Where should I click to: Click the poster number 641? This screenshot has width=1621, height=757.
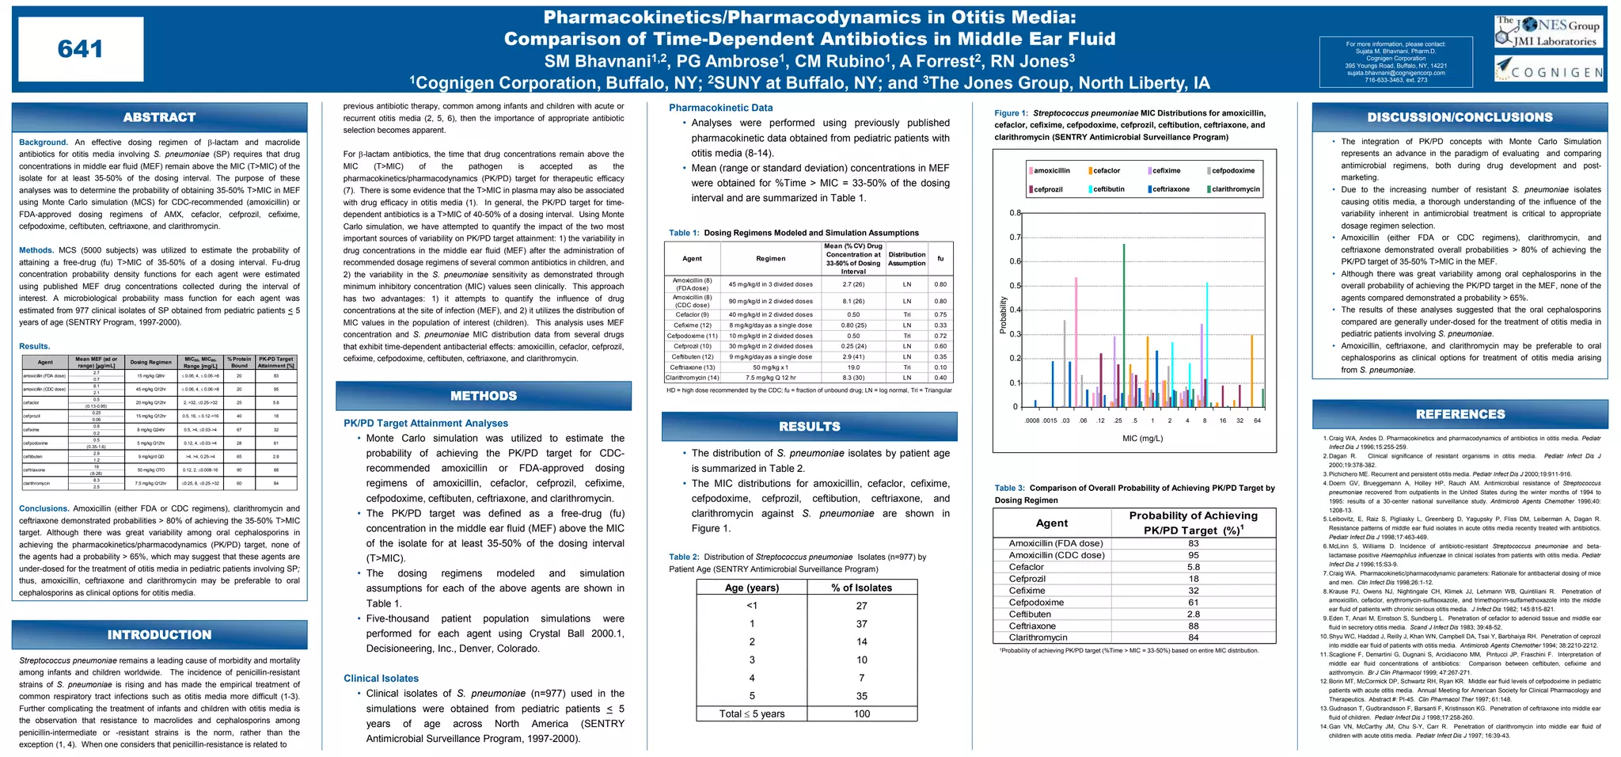[80, 49]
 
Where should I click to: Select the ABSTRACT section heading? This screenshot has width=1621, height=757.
[159, 117]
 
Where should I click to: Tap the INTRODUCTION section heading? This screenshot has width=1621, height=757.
[159, 635]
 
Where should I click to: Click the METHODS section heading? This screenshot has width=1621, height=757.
[484, 396]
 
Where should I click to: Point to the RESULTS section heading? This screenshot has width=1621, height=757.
[809, 427]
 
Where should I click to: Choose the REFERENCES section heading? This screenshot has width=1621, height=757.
[1460, 414]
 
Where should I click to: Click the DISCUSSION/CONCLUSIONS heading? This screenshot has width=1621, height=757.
[1460, 117]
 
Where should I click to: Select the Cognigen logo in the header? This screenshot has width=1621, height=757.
[1548, 70]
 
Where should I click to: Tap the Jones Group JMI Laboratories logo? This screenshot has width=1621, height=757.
[1548, 32]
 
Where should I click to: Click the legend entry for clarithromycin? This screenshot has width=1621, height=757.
[1235, 189]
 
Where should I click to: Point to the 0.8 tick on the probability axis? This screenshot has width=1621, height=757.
[1015, 213]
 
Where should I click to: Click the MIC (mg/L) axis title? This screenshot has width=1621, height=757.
[1142, 438]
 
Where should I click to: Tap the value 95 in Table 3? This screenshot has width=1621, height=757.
[1193, 555]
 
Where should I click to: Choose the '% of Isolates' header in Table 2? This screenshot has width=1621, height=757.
[861, 588]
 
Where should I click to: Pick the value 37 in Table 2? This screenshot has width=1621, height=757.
[861, 624]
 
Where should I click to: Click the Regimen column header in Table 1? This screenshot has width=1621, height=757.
[770, 258]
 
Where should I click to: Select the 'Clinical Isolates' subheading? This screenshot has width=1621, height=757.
[381, 679]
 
